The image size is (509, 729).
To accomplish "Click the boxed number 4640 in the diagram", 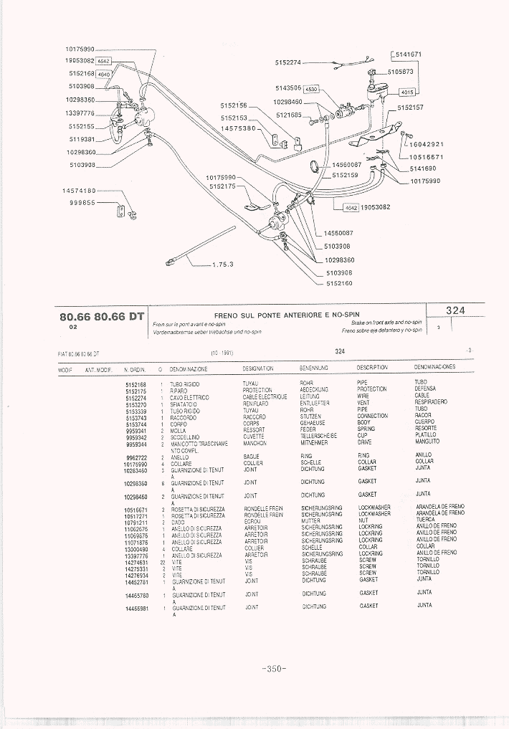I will click(x=105, y=74).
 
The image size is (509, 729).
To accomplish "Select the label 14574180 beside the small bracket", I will click(x=79, y=191).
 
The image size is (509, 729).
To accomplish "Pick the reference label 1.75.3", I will click(x=223, y=264).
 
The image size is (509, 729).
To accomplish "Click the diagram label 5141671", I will click(x=408, y=54).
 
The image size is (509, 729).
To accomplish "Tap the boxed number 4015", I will click(x=408, y=92).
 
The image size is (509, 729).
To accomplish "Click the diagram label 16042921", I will click(x=427, y=144).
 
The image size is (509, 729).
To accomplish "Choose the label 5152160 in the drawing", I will click(x=340, y=283).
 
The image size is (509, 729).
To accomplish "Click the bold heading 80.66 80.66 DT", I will click(x=102, y=316).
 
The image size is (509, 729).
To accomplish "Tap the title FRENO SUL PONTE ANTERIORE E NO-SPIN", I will click(x=287, y=315).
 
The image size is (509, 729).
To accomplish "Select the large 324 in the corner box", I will click(x=455, y=310).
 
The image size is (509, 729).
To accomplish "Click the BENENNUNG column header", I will click(x=314, y=368).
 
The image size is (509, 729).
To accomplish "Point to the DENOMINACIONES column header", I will click(x=434, y=367).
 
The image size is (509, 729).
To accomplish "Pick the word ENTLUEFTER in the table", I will click(x=315, y=404).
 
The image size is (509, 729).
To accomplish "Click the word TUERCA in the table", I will click(x=425, y=520).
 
